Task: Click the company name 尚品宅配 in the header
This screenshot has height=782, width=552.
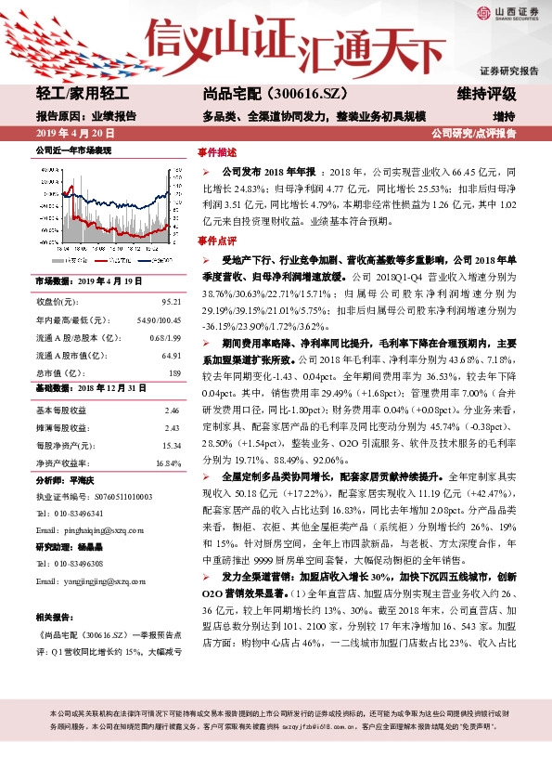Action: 232,94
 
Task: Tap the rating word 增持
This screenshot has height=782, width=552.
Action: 504,116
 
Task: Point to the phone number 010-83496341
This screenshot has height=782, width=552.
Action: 78,513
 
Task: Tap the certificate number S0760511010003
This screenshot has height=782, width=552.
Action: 109,496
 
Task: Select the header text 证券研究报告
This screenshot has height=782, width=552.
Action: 508,71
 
